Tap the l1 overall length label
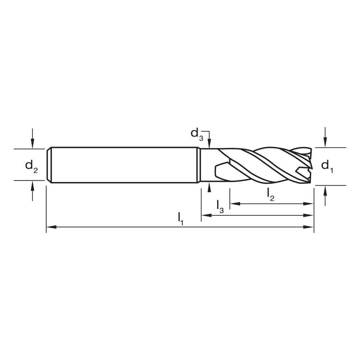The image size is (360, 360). [180, 218]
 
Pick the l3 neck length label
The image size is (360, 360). [220, 206]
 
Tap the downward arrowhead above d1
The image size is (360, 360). [325, 144]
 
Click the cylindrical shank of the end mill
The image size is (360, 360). [122, 165]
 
